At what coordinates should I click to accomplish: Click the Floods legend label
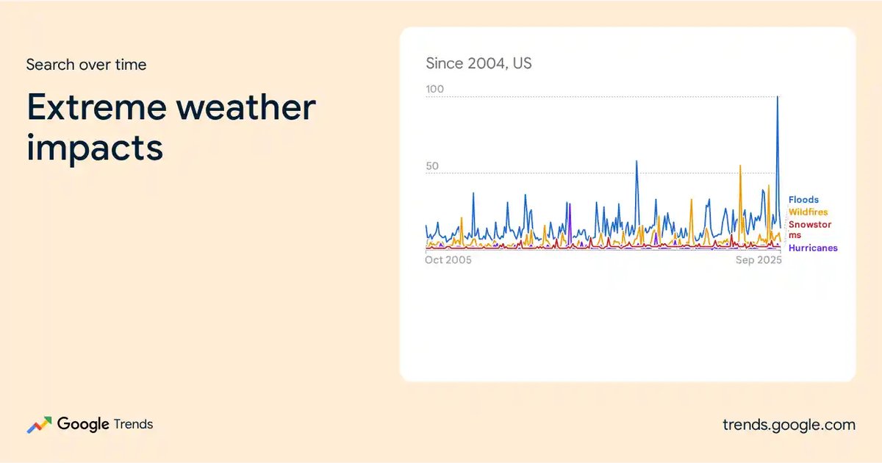coord(803,200)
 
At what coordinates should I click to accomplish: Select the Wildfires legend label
coord(808,212)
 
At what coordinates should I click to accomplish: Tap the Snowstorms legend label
coord(809,229)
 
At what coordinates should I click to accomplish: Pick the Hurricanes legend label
coord(813,248)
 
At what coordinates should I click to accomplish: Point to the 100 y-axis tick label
coord(434,89)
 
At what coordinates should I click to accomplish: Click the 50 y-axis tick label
coord(432,166)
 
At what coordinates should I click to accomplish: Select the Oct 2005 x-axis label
coord(448,260)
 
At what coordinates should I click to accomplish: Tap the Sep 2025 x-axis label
coord(759,260)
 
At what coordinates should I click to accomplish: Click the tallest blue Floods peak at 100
coord(778,97)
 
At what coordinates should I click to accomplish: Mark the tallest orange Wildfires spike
coord(740,166)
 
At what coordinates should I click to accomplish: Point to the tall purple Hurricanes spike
coord(570,205)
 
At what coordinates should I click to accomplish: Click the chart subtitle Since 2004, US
coord(478,63)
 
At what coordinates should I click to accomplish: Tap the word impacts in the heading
coord(95,148)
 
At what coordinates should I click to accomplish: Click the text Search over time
coord(86,65)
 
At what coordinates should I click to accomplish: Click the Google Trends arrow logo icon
coord(40,425)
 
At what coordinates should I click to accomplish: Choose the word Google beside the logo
coord(83,425)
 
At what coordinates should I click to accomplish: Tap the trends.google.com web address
coord(789,425)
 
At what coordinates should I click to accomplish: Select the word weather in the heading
coord(245,107)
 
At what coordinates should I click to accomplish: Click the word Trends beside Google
coord(133,424)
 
